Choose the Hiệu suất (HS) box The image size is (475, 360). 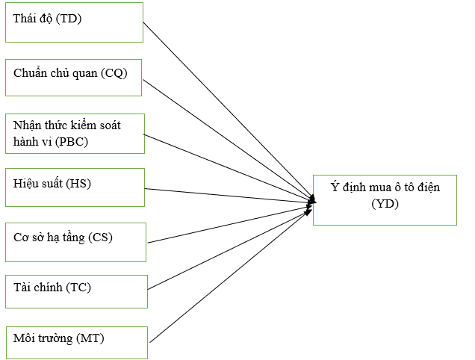point(75,187)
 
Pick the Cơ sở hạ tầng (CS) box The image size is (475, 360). point(75,241)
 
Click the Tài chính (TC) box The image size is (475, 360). point(76,291)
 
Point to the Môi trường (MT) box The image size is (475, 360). point(78,342)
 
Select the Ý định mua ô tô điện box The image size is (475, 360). point(384,199)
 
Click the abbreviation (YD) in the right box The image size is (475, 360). point(385,202)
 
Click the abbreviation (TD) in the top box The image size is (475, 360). point(67,19)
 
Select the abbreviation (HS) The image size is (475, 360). point(77,184)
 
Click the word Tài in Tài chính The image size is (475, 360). point(22,288)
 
